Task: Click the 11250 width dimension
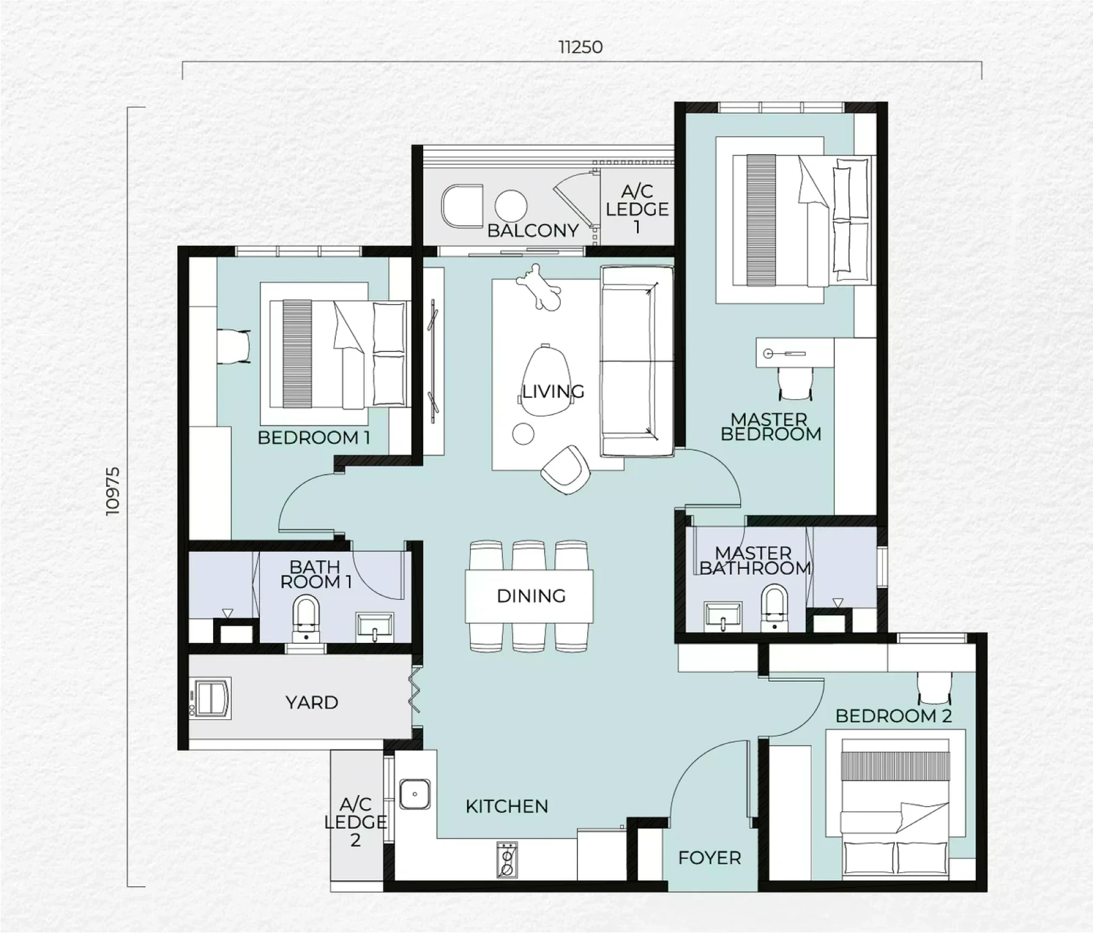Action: [581, 47]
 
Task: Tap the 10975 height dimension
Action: [113, 491]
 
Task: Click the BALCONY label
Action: [533, 231]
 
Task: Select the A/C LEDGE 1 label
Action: [637, 209]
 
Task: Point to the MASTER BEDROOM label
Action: [771, 427]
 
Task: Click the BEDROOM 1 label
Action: [314, 438]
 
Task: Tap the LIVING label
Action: [553, 392]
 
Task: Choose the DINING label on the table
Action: [531, 596]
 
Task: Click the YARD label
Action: [312, 702]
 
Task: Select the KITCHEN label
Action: [507, 806]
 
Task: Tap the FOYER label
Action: [710, 858]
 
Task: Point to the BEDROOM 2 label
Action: [893, 716]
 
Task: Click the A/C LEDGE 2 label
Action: [355, 823]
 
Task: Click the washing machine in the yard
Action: [210, 698]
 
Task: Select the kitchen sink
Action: [415, 794]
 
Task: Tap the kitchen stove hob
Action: [507, 860]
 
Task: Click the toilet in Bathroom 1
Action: [306, 619]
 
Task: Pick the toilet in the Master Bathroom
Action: [774, 607]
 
